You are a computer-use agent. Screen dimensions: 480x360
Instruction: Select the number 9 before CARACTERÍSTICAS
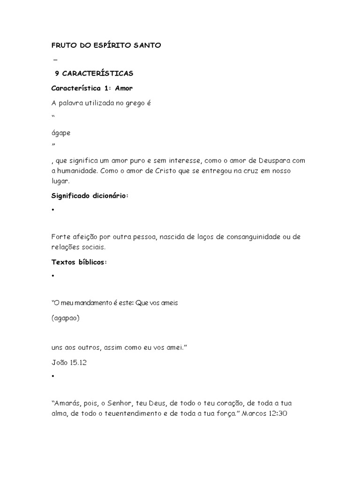point(57,74)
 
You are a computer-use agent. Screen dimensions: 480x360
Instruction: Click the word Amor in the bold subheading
point(123,88)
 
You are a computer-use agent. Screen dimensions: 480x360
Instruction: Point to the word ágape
point(61,133)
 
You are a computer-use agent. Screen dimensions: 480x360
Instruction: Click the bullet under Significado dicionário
point(53,210)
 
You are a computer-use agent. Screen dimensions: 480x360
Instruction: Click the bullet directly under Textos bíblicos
point(53,277)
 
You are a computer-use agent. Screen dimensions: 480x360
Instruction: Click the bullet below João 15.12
point(53,376)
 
